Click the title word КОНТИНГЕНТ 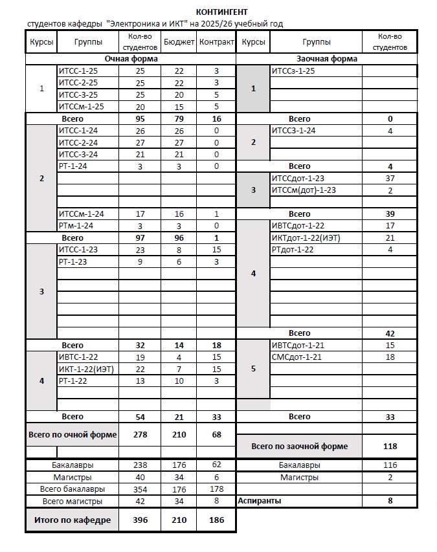tap(221, 12)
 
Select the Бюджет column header tap(178, 42)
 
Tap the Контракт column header tap(216, 42)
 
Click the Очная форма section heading tap(131, 59)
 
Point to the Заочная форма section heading tap(326, 59)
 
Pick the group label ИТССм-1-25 tap(81, 107)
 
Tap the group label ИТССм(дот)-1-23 tap(304, 190)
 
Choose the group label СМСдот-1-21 tap(297, 357)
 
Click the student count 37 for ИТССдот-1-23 tap(390, 179)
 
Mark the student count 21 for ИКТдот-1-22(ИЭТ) tap(390, 238)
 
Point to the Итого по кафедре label tap(73, 520)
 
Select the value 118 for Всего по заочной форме tap(390, 447)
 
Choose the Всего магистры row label tap(73, 502)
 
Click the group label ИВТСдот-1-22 tap(298, 226)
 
